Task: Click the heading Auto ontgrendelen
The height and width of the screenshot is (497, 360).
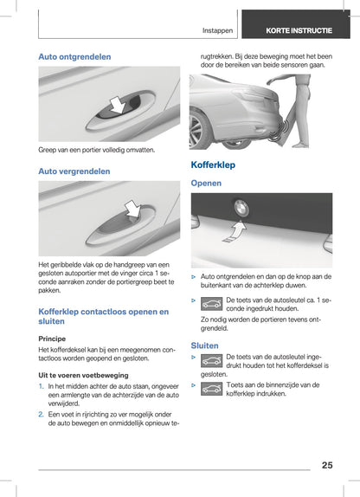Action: coord(74,57)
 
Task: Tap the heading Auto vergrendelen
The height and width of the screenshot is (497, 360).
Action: coord(74,171)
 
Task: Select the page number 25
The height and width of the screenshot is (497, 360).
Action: coord(327,465)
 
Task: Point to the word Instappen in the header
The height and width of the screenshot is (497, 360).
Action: coord(217,31)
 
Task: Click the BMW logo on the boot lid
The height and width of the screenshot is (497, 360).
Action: coord(241,208)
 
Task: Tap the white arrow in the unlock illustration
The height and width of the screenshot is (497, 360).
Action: coord(118,105)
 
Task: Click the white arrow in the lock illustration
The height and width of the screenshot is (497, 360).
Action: coord(132,209)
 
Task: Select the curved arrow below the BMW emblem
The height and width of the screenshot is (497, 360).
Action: coord(235,232)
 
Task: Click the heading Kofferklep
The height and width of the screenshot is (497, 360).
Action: coord(213,165)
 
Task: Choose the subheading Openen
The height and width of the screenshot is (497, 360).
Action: coord(206,184)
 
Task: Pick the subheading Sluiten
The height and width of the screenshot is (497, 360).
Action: coord(204,345)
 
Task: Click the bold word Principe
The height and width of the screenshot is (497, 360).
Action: coord(52,339)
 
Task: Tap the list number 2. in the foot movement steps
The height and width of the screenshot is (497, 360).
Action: coord(41,414)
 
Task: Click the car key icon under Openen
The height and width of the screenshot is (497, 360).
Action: coord(211,304)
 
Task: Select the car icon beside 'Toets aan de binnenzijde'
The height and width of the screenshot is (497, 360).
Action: coord(211,390)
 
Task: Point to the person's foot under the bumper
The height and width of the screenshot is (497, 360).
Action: coord(300,145)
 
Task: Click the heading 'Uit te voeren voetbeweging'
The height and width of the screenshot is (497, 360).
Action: coord(83,375)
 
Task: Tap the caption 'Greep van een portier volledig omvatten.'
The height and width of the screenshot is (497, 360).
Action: coord(97,150)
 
